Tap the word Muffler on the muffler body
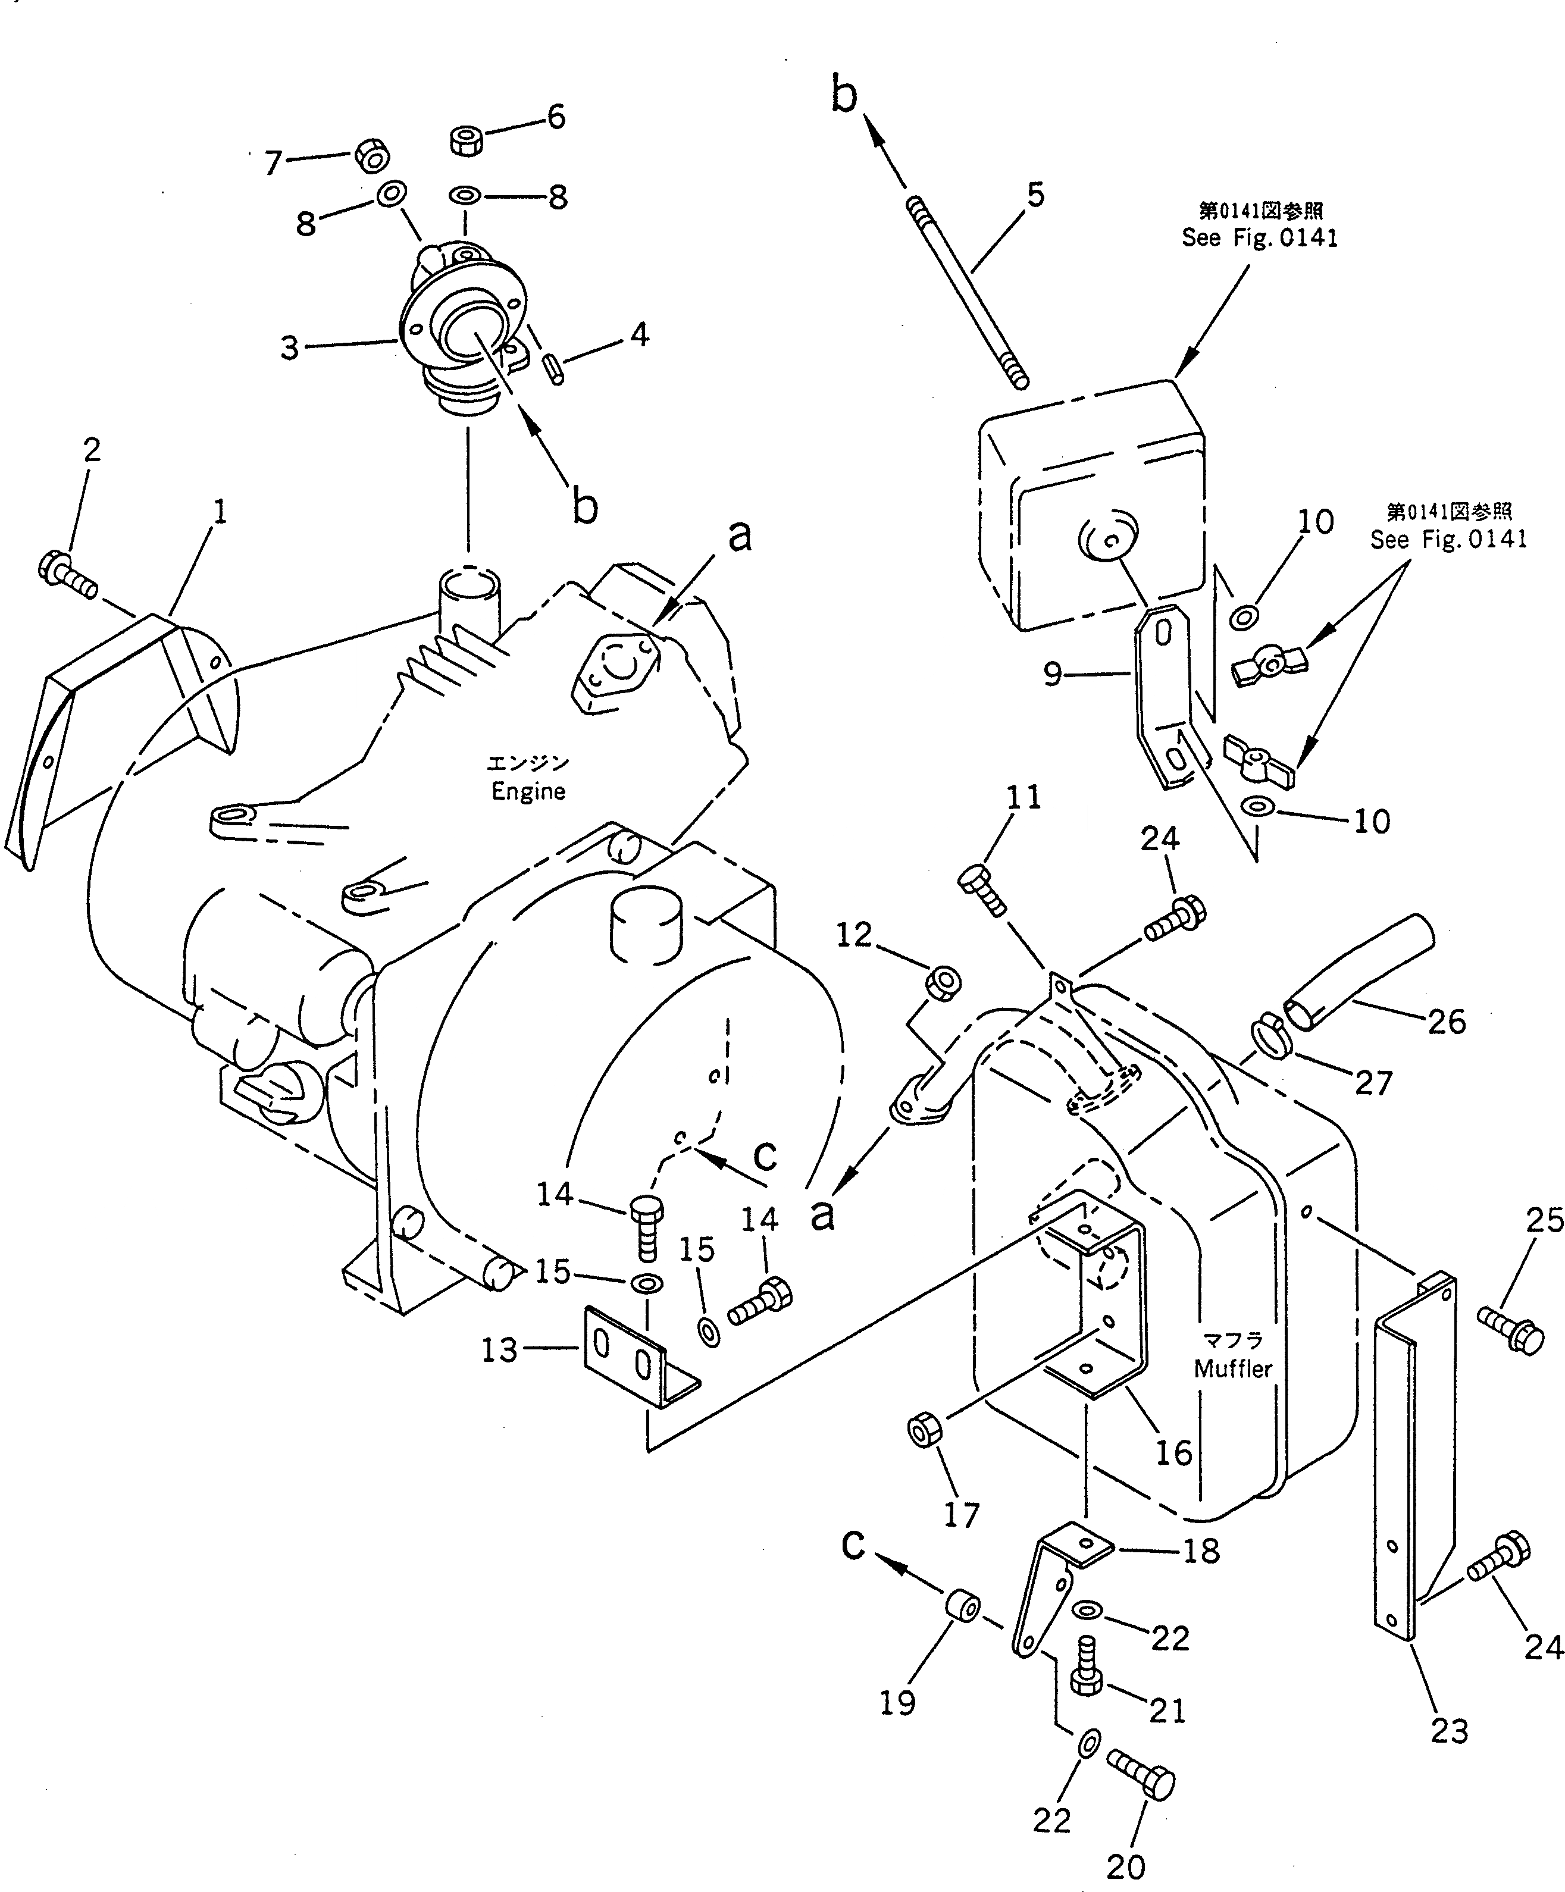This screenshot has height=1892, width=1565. coord(1232,1394)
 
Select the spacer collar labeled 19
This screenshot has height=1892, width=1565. coord(962,1607)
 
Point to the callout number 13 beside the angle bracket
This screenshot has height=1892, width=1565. coord(499,1349)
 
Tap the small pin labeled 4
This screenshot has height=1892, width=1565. coord(554,369)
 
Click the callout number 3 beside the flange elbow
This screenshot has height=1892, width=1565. coord(289,347)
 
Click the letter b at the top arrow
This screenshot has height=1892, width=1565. coord(843,95)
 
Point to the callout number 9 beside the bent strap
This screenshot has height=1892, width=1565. coord(1052,674)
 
